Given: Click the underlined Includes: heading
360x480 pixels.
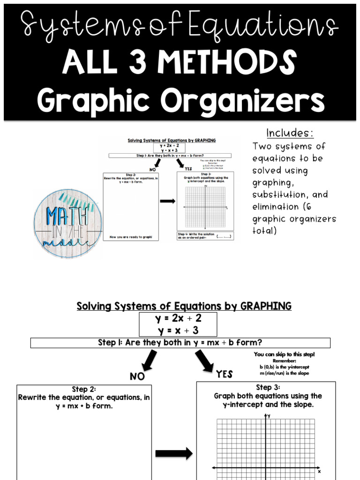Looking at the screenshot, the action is tap(290, 133).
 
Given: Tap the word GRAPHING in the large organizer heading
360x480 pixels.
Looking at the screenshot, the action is tap(266, 306).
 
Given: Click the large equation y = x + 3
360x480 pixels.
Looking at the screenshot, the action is tap(178, 330).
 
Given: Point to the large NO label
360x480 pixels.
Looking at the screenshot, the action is tap(137, 376).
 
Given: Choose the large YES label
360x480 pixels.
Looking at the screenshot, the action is tap(224, 374).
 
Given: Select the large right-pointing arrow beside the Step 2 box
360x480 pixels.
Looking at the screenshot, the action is tap(173, 453).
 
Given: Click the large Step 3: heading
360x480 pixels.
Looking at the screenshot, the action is tap(268, 387).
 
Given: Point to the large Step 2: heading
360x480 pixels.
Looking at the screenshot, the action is tap(84, 389).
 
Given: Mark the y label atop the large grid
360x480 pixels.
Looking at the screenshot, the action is tap(270, 415).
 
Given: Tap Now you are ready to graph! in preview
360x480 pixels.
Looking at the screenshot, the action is tap(131, 238).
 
